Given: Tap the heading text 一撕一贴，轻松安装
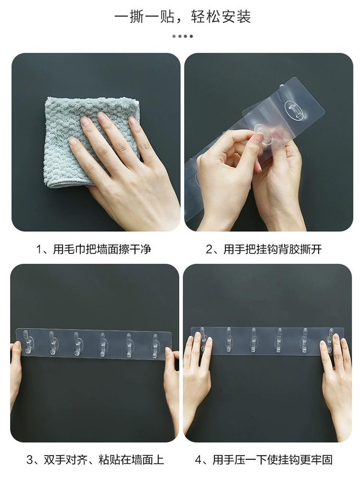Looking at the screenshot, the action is (183, 16).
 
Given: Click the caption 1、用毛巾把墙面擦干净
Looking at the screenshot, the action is (94, 249).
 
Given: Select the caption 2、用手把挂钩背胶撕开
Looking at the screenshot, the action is (264, 249).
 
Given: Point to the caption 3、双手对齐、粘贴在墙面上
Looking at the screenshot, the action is (95, 460).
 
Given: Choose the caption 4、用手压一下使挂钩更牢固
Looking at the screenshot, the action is (264, 460).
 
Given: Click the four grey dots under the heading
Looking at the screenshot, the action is (183, 36).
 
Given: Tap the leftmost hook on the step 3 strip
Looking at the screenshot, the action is (27, 342).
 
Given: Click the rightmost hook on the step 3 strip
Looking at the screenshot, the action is (156, 347).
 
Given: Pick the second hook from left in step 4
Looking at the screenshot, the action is (228, 339).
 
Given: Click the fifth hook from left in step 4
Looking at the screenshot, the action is (305, 340).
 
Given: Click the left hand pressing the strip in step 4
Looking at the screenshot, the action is (197, 383).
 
